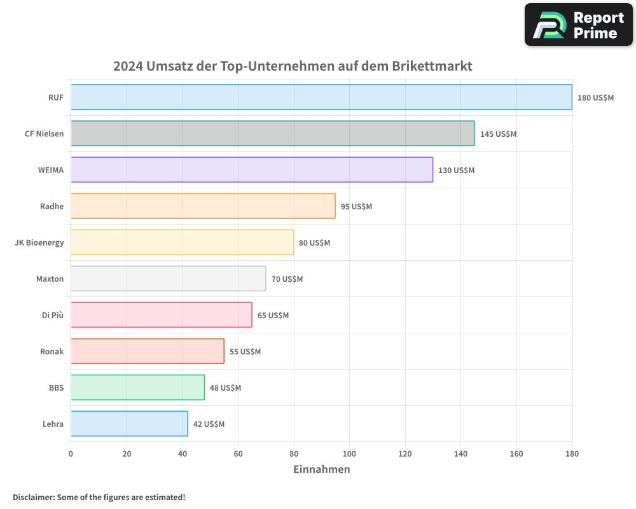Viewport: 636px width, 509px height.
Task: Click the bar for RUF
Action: pos(321,97)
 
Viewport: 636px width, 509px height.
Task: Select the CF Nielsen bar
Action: pos(272,134)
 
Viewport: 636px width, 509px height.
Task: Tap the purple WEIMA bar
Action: pos(251,170)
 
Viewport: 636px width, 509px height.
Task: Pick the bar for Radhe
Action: pos(203,206)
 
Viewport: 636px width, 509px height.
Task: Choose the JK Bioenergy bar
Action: pos(182,242)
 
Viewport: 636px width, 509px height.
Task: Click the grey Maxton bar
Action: pos(168,279)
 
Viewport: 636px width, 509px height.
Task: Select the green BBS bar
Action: pos(137,387)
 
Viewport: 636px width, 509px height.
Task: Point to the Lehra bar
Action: pos(129,424)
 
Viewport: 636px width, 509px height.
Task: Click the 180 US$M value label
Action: pos(595,98)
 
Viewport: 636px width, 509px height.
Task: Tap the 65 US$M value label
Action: pos(273,316)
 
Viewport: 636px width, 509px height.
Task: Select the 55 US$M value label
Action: pos(245,352)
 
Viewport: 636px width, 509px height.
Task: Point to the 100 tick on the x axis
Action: pos(349,454)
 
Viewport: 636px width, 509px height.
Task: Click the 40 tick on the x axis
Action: pos(182,454)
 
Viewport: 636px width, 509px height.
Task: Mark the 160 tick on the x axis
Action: pos(516,454)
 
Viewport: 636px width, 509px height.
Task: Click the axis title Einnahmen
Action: pos(321,470)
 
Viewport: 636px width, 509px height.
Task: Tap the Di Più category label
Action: pos(52,315)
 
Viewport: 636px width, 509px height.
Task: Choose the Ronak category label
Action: pos(52,351)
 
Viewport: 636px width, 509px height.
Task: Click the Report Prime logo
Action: pos(578,25)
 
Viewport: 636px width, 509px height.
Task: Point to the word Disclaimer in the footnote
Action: pos(33,497)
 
